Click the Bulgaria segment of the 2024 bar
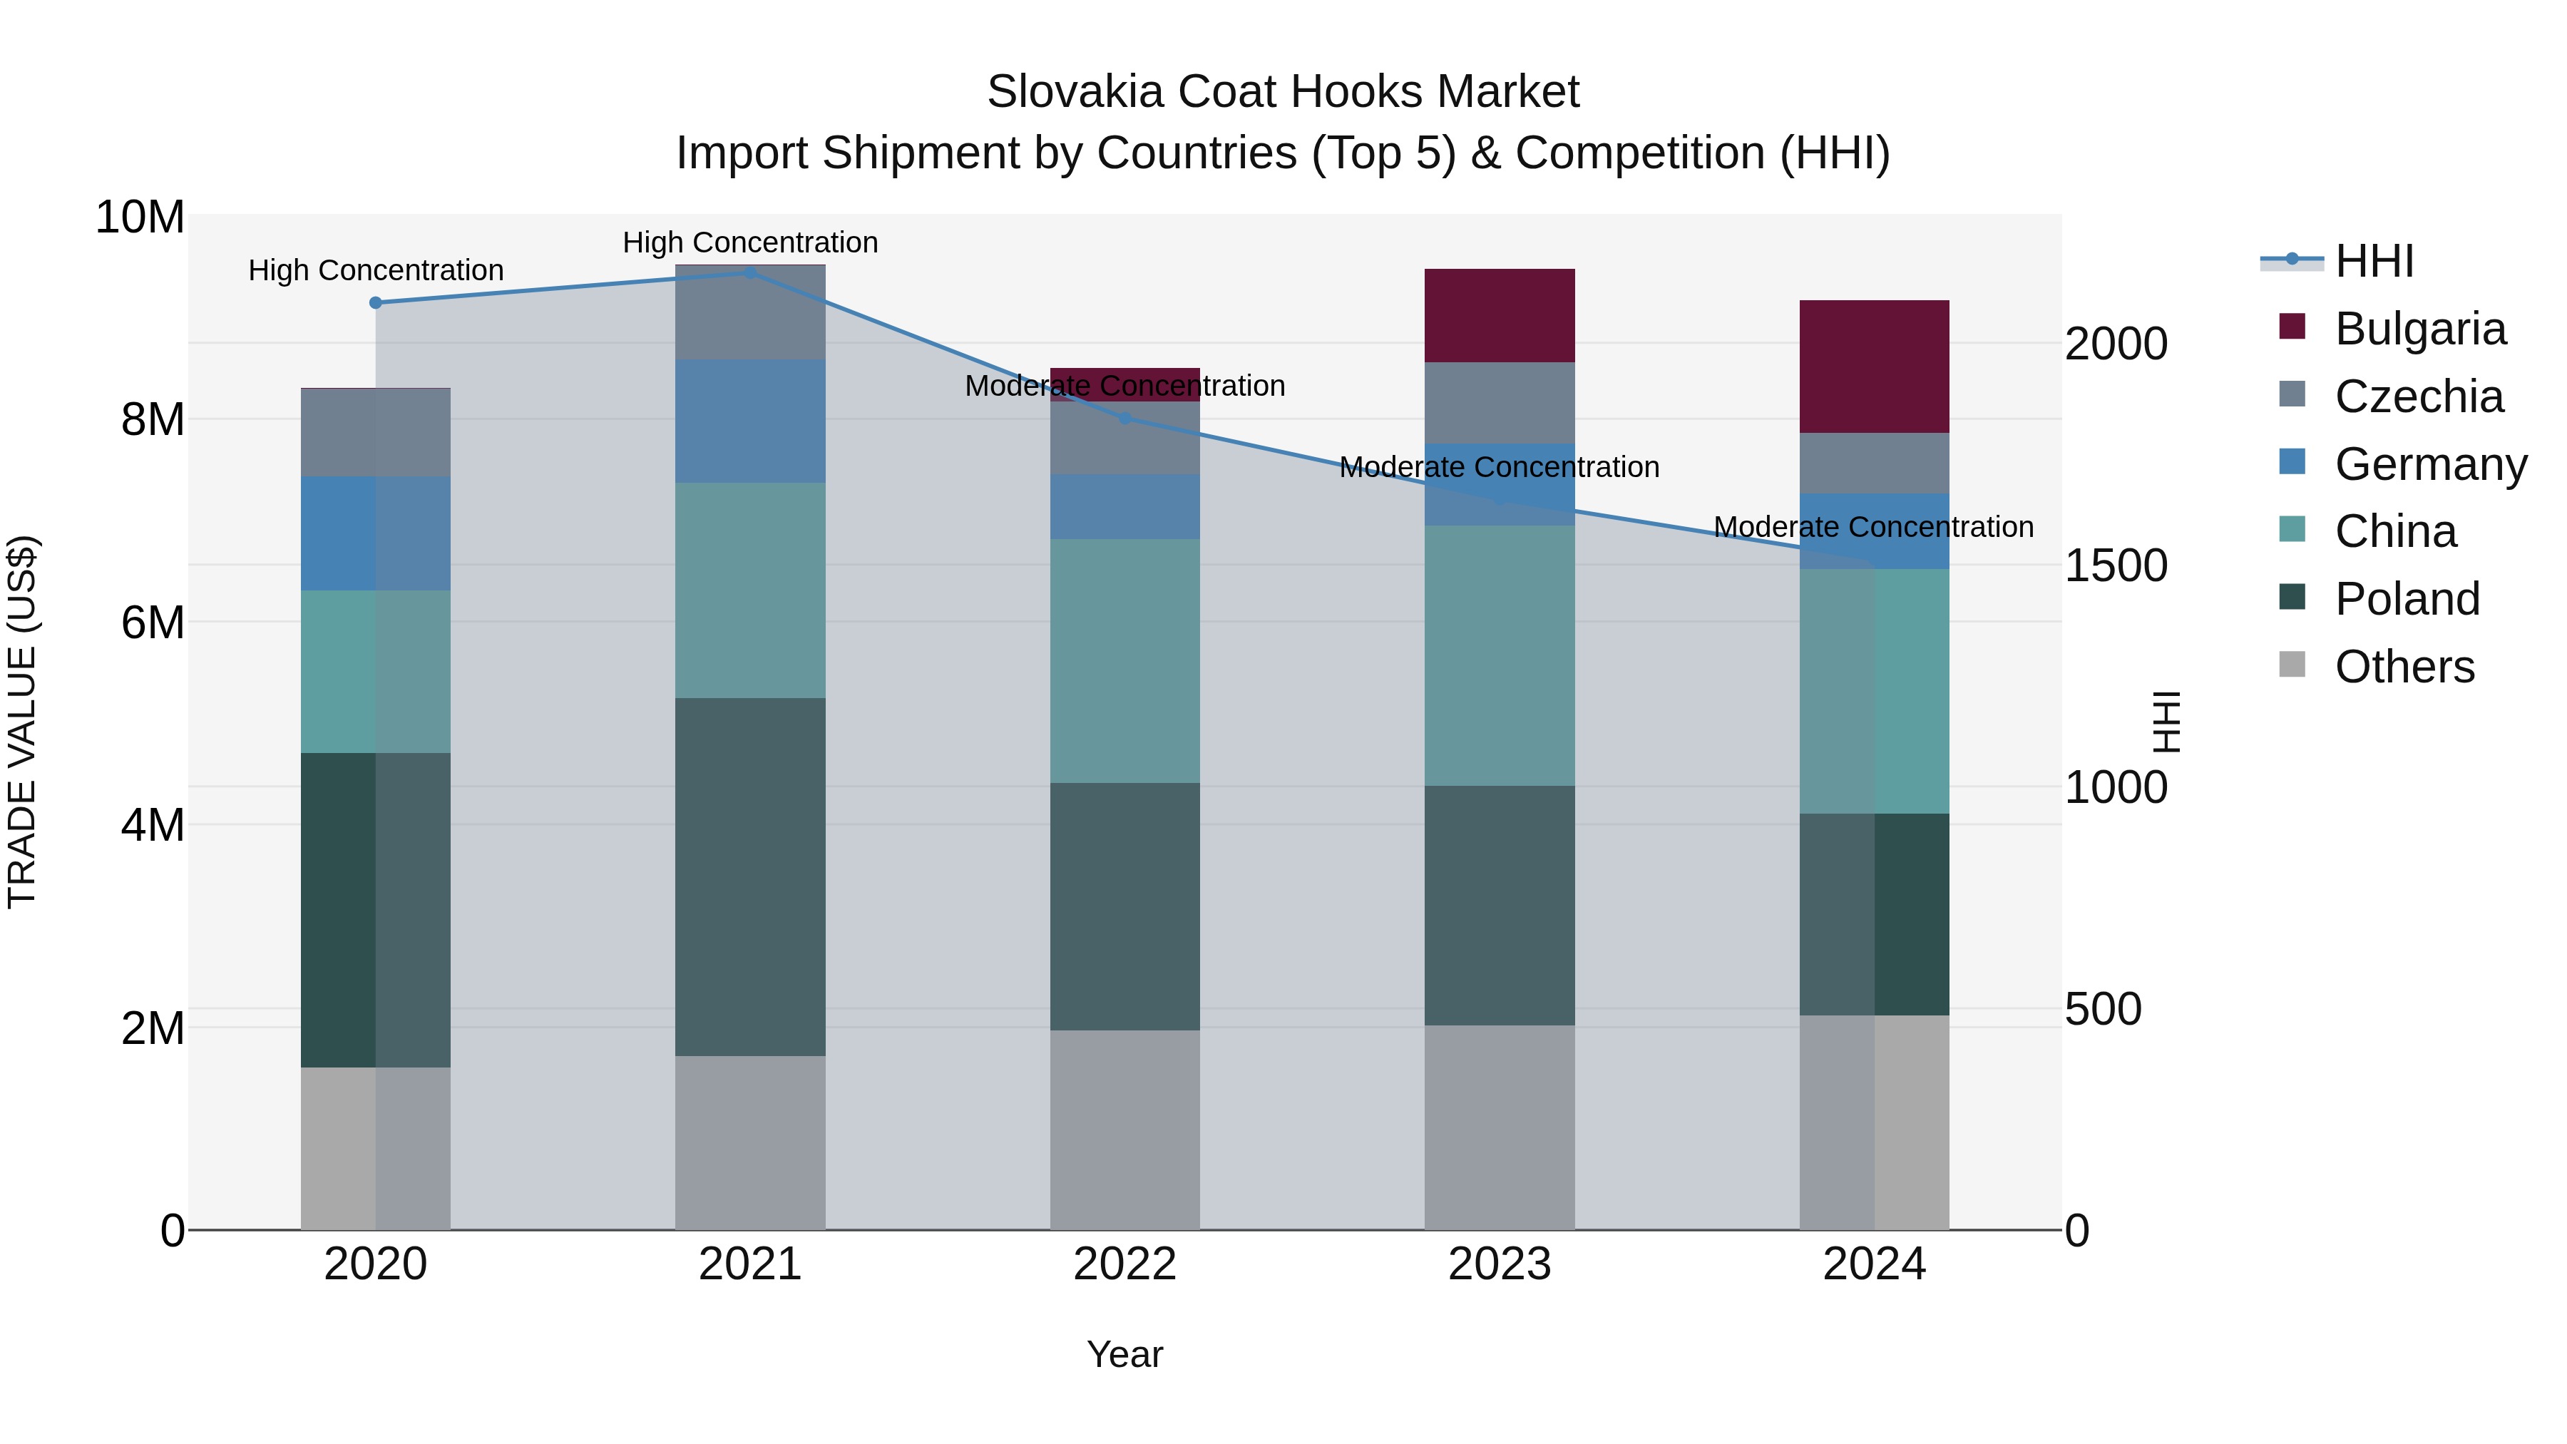point(1873,366)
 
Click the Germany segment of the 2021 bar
point(749,421)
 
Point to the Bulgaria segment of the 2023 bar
point(1499,315)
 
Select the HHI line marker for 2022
point(1125,419)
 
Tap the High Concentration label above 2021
point(749,242)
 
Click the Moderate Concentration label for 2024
point(1872,526)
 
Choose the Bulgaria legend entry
point(2419,329)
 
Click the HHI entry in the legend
point(2374,261)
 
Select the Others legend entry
point(2404,667)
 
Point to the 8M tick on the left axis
point(151,419)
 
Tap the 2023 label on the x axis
point(1499,1264)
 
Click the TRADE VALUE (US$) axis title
point(22,722)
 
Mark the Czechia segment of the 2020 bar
point(376,433)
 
